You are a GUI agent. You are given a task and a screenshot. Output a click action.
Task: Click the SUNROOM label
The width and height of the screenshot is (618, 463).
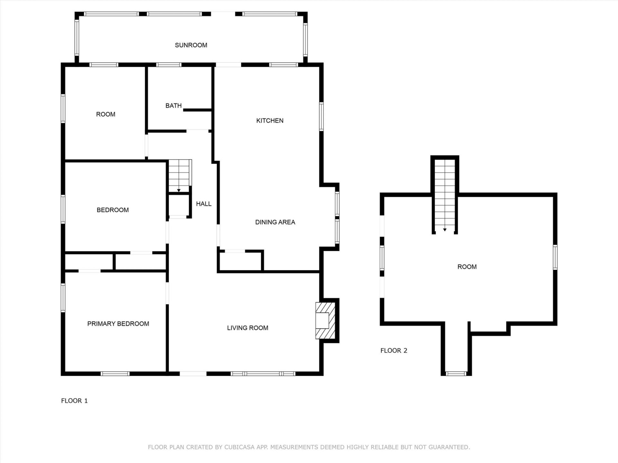(x=191, y=45)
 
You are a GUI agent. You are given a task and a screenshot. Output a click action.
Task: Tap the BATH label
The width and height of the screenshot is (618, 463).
(x=173, y=106)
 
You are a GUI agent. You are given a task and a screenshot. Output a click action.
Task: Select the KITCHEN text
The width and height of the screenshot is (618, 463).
(x=270, y=121)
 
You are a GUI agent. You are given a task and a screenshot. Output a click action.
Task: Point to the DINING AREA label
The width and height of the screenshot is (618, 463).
(x=275, y=222)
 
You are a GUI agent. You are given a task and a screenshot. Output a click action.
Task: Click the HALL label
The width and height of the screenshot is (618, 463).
(x=203, y=204)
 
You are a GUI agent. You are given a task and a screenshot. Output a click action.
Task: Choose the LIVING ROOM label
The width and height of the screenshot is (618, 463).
(x=248, y=328)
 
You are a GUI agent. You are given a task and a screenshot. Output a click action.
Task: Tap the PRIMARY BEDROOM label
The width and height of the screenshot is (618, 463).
(x=118, y=324)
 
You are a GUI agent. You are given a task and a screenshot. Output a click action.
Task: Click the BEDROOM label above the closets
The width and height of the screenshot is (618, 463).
(x=113, y=210)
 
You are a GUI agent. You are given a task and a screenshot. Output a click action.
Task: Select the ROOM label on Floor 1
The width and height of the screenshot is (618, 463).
(x=106, y=114)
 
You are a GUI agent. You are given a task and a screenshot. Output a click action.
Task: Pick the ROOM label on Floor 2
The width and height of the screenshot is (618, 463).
(x=467, y=267)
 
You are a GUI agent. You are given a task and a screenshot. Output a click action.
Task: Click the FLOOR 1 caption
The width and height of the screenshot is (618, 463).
(x=74, y=401)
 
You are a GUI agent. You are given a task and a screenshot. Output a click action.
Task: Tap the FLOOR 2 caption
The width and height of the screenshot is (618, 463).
(x=394, y=351)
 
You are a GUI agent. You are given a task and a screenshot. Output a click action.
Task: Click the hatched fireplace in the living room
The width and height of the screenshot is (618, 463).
(x=325, y=321)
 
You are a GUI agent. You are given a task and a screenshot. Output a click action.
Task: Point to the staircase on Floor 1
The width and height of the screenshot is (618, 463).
(x=180, y=176)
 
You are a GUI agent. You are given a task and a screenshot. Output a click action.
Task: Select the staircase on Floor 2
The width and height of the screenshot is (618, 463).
(x=445, y=196)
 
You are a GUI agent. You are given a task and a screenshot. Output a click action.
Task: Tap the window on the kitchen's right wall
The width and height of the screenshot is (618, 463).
(x=321, y=116)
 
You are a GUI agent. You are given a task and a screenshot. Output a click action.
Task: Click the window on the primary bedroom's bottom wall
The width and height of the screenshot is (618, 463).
(x=115, y=374)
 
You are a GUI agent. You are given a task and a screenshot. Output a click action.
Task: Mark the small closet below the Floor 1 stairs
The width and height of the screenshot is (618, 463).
(x=178, y=205)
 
